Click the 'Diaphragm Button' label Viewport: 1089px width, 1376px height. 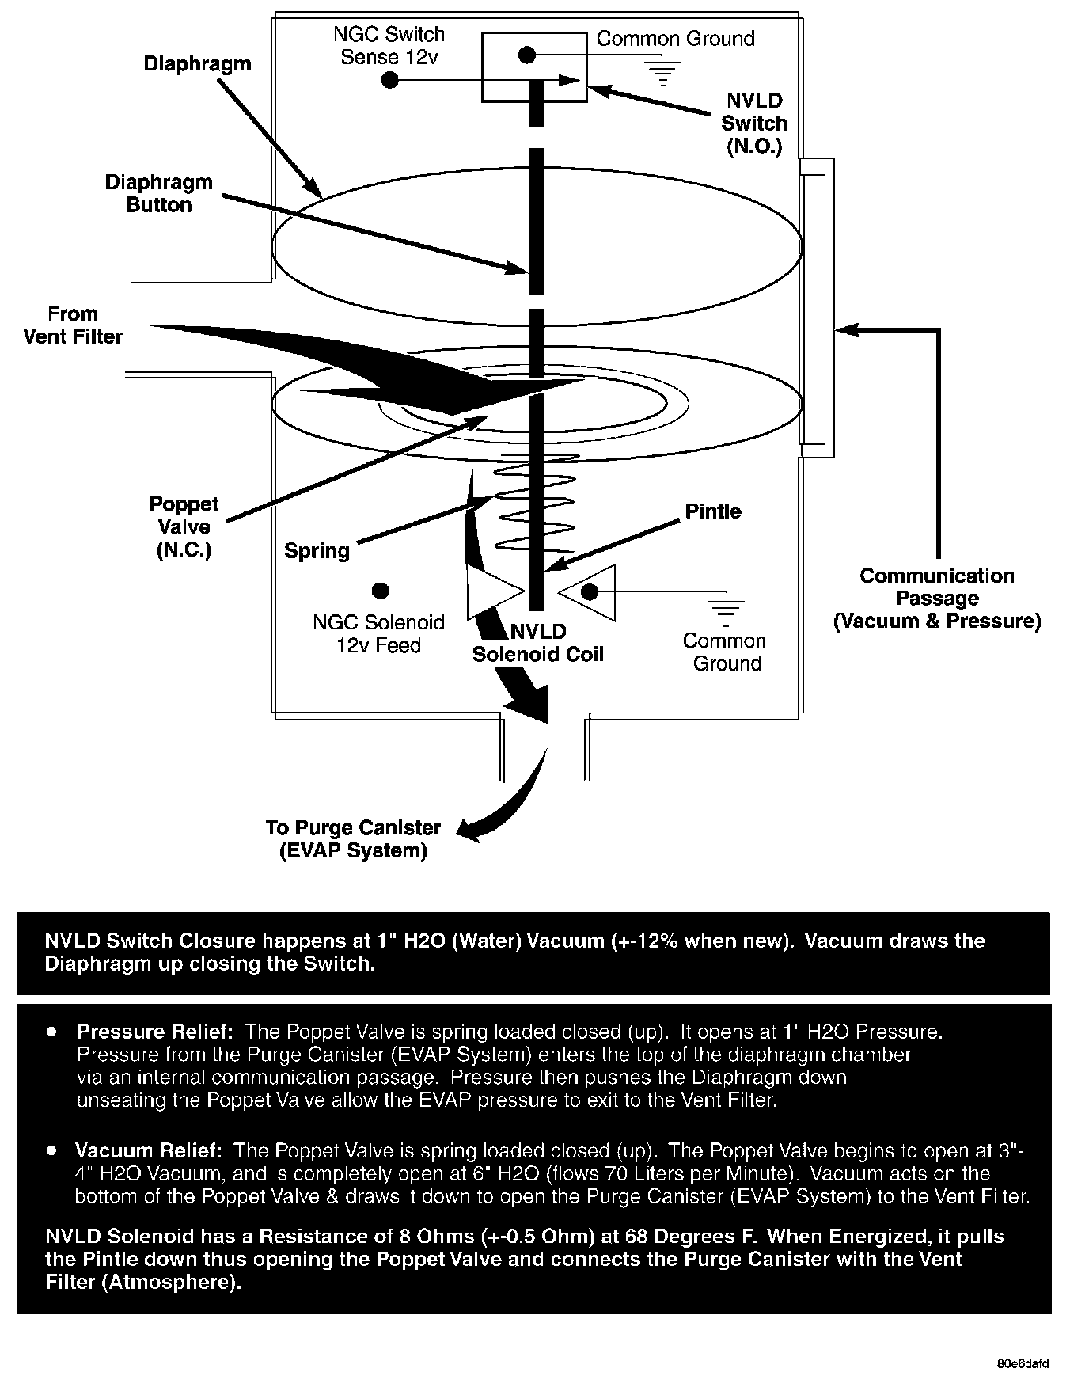pos(159,194)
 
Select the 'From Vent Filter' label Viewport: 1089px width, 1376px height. pos(73,325)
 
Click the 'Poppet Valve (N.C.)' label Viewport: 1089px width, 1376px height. pos(184,527)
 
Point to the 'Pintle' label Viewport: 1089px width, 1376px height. pos(713,511)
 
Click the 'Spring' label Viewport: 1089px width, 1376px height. pos(317,551)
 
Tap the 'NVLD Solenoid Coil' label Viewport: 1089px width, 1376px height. pos(538,643)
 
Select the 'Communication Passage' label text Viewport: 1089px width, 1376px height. pos(937,599)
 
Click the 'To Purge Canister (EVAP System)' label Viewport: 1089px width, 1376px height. pos(353,839)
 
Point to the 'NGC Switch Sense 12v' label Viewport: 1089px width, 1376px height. pos(389,45)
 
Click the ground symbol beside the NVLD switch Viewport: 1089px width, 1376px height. pos(663,70)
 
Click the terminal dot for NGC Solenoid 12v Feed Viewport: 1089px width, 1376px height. pos(381,591)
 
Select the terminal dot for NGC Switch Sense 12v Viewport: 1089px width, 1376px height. pos(389,80)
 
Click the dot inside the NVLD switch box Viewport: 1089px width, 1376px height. pos(528,55)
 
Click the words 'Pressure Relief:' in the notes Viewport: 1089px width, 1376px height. pos(154,1032)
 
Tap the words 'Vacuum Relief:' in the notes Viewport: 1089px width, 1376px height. pos(148,1150)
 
